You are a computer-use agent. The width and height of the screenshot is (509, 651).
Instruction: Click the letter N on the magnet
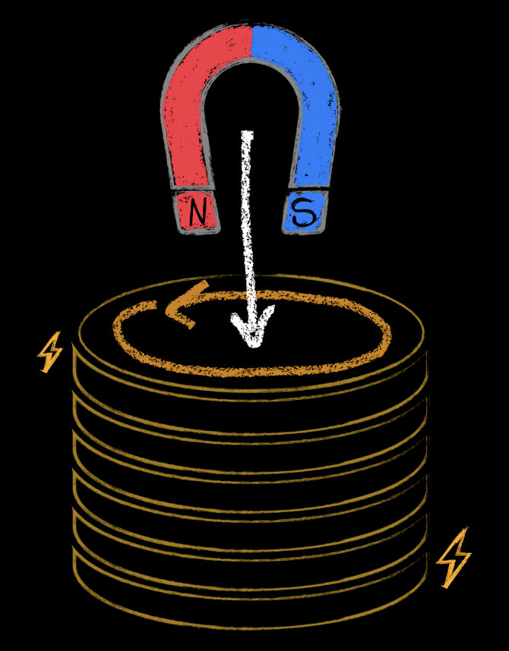(x=197, y=212)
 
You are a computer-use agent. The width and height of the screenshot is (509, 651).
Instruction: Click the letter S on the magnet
(x=305, y=212)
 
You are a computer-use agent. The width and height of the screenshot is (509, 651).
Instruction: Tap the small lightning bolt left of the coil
(x=50, y=352)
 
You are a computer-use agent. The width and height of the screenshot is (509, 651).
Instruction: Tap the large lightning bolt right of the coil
(x=454, y=558)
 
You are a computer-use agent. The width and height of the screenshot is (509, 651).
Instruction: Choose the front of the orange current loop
(x=251, y=370)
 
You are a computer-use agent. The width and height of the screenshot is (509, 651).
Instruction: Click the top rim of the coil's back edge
(x=251, y=276)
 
